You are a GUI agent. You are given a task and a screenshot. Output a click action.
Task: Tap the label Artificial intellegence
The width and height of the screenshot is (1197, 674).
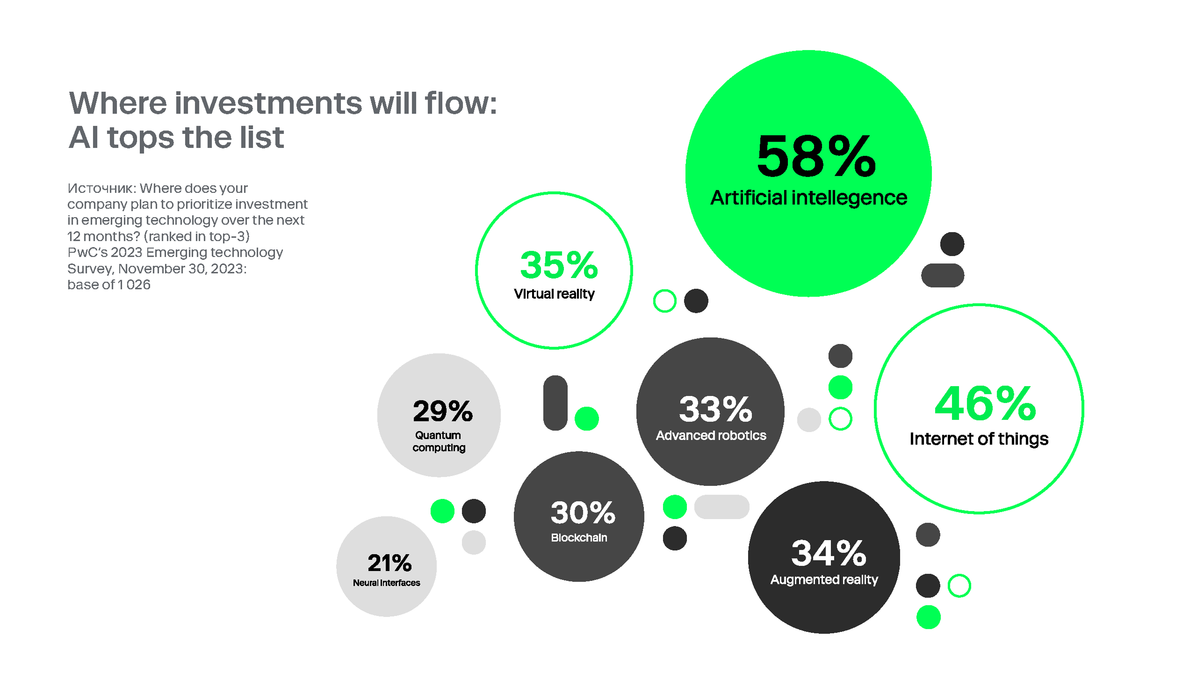[809, 198]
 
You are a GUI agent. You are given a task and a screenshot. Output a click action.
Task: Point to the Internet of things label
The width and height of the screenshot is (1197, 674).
[979, 439]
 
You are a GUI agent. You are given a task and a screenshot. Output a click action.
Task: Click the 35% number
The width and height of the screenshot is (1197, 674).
[559, 265]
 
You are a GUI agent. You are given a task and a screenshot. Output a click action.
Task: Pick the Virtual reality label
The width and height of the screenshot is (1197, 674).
[554, 294]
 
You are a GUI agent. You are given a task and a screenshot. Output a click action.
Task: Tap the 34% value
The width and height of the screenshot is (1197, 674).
[829, 553]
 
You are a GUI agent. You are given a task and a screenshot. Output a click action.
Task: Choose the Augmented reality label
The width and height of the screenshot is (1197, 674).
[824, 580]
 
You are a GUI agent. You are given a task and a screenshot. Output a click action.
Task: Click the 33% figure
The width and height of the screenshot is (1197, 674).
[715, 409]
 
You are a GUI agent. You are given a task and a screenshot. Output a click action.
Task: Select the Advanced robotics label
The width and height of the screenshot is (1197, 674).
[711, 436]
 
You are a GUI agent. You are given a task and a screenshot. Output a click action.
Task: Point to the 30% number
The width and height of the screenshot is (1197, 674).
[583, 513]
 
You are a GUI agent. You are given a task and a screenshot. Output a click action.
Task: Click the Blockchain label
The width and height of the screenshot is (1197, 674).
[579, 538]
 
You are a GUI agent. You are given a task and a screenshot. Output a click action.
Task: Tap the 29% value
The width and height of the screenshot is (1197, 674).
[443, 411]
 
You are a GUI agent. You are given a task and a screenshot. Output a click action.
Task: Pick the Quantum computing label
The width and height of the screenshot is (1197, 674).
[439, 441]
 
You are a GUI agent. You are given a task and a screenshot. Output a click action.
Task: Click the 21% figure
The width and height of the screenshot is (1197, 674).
[389, 563]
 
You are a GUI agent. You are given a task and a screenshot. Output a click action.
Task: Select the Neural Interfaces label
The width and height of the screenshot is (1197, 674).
[386, 583]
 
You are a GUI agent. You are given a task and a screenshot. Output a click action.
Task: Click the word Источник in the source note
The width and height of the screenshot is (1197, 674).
[101, 188]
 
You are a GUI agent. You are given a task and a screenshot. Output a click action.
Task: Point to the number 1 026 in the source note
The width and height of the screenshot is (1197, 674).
[134, 285]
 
